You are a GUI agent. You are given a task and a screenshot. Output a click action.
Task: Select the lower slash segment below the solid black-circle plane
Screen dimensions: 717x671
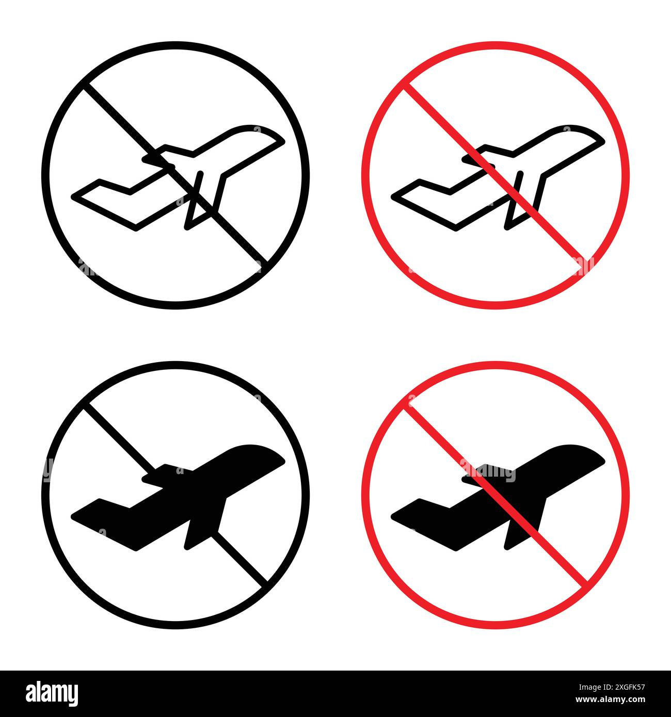[243, 559]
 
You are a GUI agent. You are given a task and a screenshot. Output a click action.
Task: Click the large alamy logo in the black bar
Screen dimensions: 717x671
[52, 693]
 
